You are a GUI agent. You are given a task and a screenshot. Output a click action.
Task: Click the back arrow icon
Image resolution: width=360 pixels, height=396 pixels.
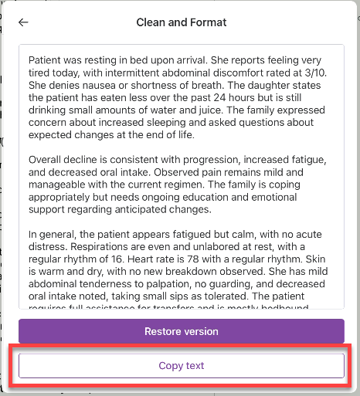tap(23, 22)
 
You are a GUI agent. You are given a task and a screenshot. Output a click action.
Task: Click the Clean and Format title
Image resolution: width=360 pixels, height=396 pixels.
tap(182, 22)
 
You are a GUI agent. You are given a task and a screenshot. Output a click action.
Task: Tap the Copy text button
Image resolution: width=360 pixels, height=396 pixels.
tap(182, 366)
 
